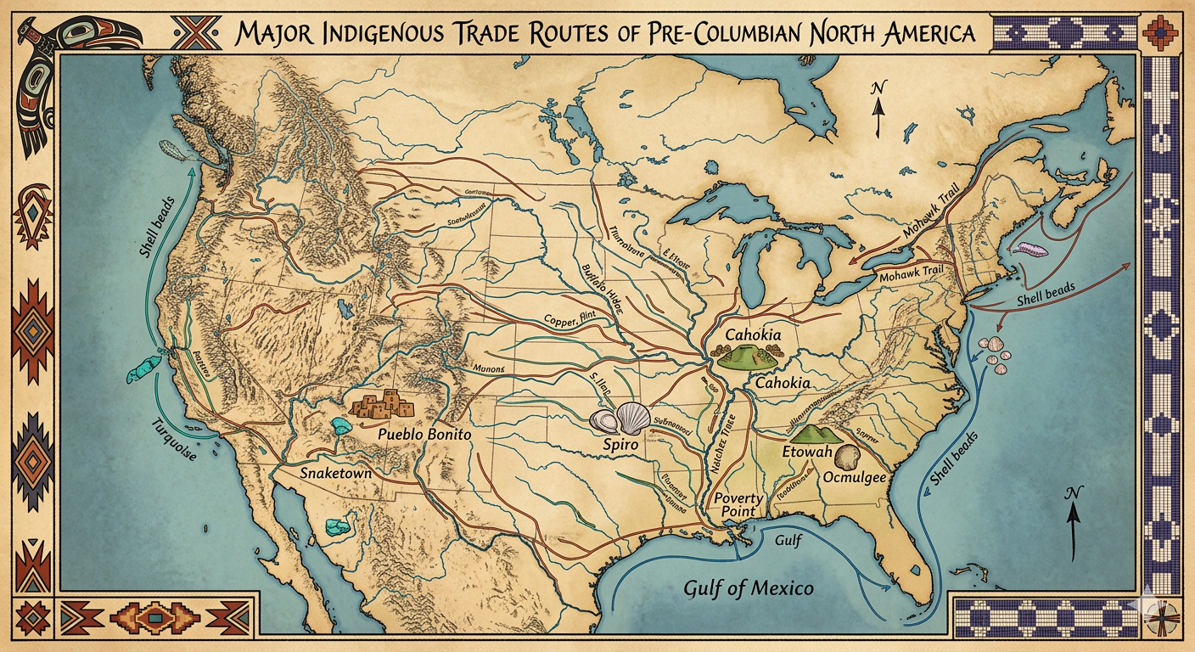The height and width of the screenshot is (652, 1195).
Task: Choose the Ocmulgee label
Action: [x=855, y=478]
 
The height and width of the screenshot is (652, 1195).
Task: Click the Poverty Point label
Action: [x=738, y=505]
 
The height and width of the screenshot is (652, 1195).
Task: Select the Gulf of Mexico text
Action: [x=749, y=588]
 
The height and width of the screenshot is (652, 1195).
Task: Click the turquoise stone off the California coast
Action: [x=144, y=367]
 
